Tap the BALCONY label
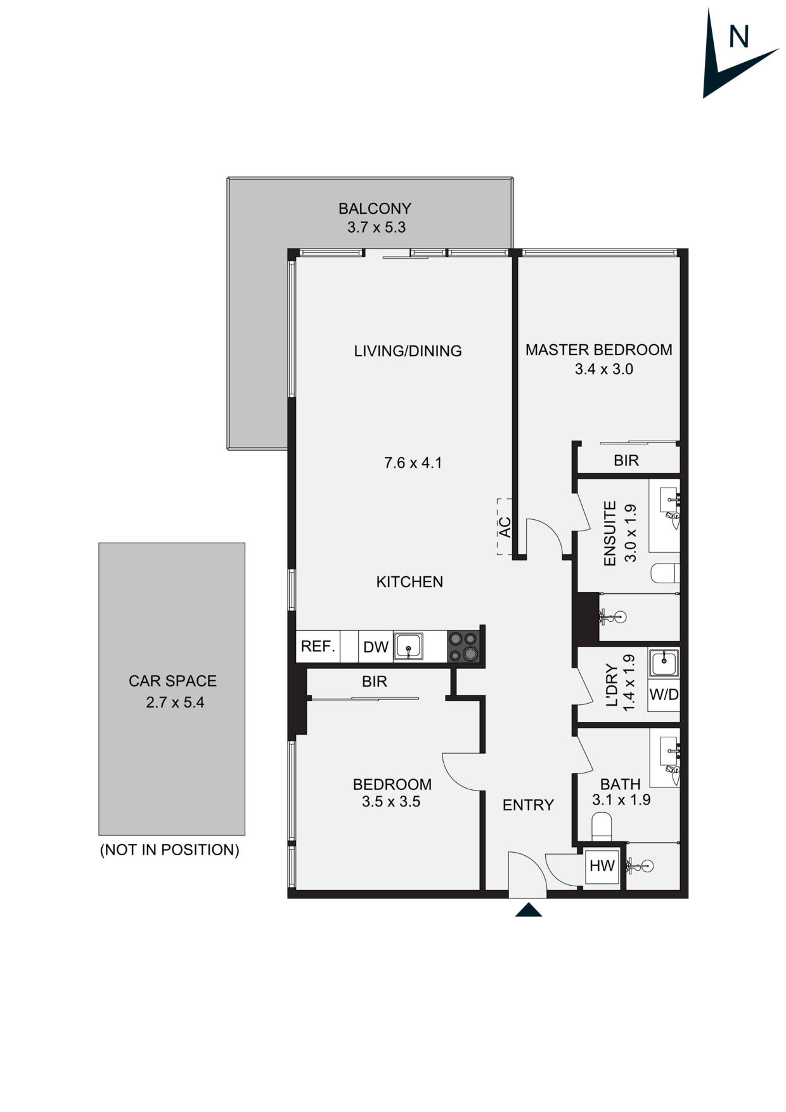tap(375, 209)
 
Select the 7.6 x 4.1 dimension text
tap(413, 463)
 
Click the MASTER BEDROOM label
tap(598, 350)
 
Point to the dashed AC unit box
tap(505, 527)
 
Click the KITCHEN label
tap(409, 582)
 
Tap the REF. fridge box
tap(318, 647)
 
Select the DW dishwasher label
tap(376, 647)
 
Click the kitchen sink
tap(409, 647)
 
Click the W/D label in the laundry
tap(664, 694)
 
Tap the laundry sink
tap(664, 663)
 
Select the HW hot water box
tap(602, 865)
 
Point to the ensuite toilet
tap(666, 573)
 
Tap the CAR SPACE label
tap(172, 681)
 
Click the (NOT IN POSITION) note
tap(170, 850)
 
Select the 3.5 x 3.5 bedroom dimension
tap(391, 802)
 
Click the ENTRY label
tap(528, 805)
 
